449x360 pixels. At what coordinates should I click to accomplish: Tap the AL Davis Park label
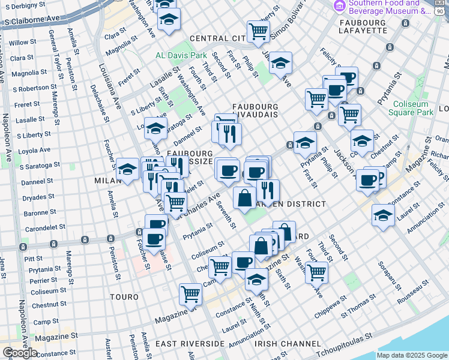coord(181,55)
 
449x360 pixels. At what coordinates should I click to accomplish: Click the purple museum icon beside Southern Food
coord(340,6)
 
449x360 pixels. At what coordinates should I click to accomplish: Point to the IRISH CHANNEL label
coord(288,344)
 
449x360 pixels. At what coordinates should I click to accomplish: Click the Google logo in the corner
coord(20,352)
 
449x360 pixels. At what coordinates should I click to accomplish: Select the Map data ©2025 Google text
coord(412,355)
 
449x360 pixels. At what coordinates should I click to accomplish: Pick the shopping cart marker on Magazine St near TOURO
coord(190,294)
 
